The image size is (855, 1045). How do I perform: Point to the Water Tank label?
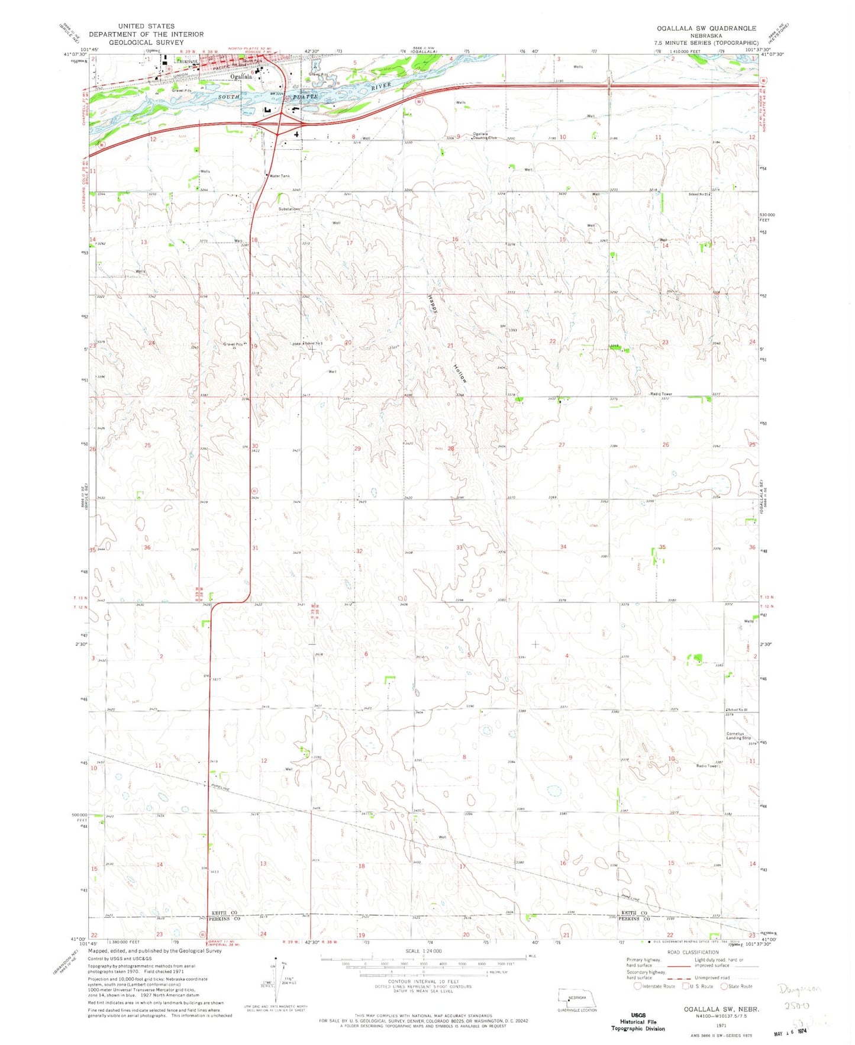(279, 176)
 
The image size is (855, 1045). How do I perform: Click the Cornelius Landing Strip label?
(738, 736)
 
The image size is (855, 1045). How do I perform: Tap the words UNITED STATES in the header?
(146, 26)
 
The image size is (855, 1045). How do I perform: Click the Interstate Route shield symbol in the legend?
(637, 986)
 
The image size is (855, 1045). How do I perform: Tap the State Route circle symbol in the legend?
(724, 986)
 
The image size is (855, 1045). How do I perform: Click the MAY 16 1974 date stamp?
(791, 1032)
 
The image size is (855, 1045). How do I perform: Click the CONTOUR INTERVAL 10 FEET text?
(422, 981)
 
